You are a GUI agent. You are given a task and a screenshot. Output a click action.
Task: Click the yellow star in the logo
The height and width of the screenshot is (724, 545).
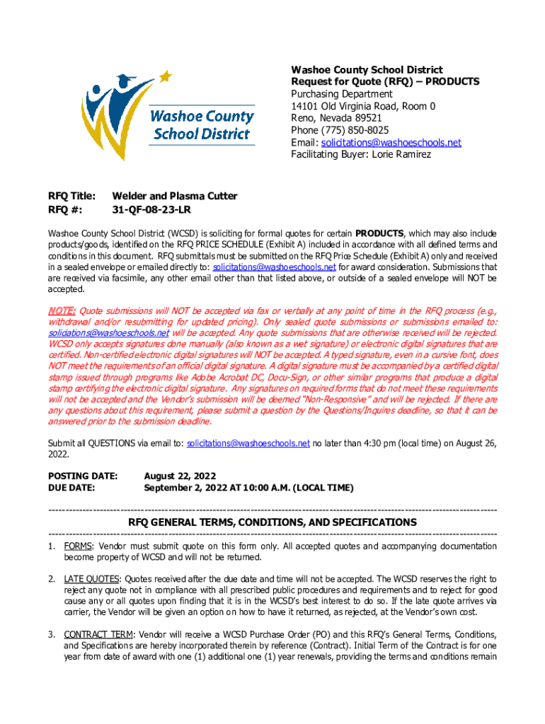click(165, 75)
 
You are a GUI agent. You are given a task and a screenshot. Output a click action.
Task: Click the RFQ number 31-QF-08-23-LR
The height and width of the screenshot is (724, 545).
click(152, 210)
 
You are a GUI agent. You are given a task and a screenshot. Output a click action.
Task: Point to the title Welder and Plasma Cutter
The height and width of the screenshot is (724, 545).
click(175, 196)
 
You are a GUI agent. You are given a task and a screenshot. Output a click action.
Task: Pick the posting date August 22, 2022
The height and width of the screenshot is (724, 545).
click(180, 476)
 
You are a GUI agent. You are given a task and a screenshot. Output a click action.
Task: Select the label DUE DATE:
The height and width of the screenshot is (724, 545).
click(72, 488)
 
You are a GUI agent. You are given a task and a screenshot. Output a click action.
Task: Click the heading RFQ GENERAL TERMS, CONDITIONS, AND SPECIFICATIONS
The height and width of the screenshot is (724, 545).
click(272, 522)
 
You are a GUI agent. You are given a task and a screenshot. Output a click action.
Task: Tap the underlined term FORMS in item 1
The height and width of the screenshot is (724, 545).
click(78, 547)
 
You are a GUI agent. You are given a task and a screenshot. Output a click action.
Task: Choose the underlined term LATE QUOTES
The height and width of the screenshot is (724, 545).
click(88, 579)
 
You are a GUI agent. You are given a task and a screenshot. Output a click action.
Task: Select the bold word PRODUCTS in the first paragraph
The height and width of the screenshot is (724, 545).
click(379, 233)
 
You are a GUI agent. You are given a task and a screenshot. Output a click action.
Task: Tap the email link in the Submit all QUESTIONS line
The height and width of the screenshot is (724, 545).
click(248, 443)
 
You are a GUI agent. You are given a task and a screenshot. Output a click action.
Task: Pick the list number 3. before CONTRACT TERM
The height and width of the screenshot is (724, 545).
click(52, 634)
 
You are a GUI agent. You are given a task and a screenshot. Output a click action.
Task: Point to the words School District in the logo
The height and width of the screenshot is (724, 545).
click(202, 133)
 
